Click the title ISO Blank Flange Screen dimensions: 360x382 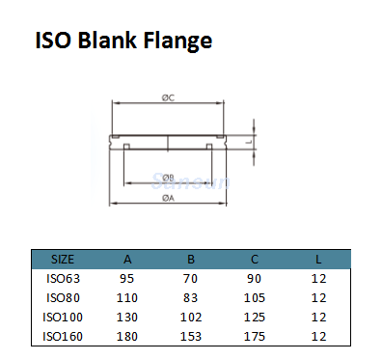[x=123, y=42]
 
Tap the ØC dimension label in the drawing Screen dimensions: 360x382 [x=168, y=97]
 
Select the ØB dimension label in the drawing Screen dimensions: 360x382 [x=168, y=178]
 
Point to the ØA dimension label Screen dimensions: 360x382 [x=168, y=198]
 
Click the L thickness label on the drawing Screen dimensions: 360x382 [x=249, y=141]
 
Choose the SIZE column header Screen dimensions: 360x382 [x=63, y=259]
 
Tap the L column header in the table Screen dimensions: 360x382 [x=319, y=259]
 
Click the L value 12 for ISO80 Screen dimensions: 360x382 [x=319, y=297]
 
